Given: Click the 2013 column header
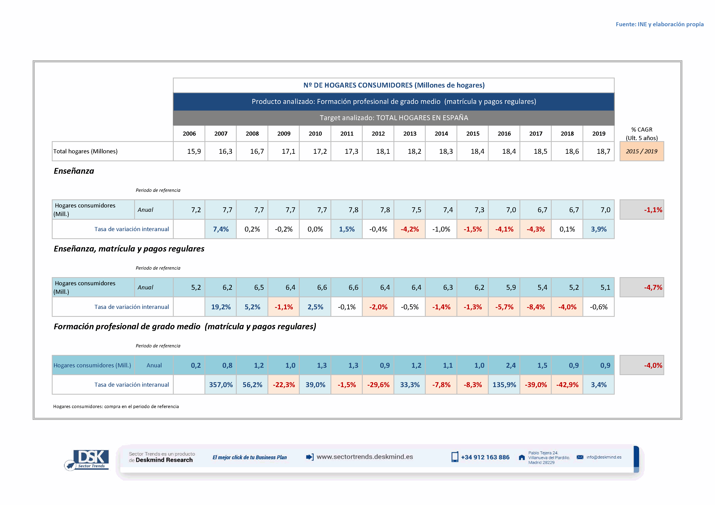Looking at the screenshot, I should [x=410, y=134].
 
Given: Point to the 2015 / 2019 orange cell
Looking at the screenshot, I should [x=642, y=151].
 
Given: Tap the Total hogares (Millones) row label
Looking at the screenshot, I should [x=85, y=151].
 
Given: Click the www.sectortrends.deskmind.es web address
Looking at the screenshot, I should [x=365, y=457].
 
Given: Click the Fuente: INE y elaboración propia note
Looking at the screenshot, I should [x=659, y=24].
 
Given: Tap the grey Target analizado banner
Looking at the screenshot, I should [x=394, y=118].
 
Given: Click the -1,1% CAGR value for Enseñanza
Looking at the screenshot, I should [x=653, y=210].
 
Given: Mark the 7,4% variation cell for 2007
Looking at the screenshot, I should [x=221, y=229].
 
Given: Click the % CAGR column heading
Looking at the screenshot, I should [x=642, y=134].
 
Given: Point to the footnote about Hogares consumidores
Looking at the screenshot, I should [x=116, y=406].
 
